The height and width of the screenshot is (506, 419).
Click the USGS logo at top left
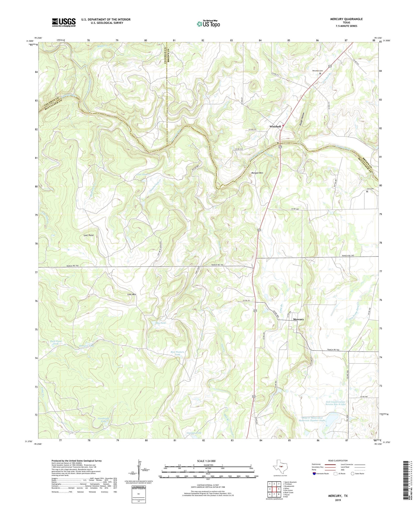point(64,22)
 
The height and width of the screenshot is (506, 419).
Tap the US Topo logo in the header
point(208,24)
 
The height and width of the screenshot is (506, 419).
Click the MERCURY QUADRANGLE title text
point(346,19)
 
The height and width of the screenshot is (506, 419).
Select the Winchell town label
point(275,126)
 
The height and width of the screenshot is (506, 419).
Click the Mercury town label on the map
point(298,319)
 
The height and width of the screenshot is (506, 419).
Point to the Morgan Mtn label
point(257,173)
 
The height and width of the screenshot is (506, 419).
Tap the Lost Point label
point(89,235)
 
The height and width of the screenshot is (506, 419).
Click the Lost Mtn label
point(132,294)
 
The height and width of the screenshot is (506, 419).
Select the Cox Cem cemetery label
point(370,189)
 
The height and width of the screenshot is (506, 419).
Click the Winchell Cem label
point(317,71)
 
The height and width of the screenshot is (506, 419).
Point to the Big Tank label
point(161,323)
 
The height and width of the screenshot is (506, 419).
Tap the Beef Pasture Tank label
point(177,353)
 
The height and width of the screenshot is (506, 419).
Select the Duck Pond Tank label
point(56,342)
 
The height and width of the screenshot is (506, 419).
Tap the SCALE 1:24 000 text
point(206,461)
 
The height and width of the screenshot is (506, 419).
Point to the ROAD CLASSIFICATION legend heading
point(337,461)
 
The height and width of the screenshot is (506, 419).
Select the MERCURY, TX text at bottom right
point(338,496)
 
